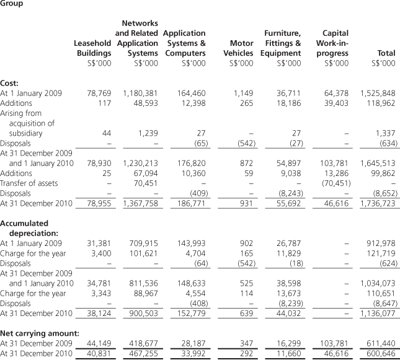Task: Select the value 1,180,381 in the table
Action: click(136, 93)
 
